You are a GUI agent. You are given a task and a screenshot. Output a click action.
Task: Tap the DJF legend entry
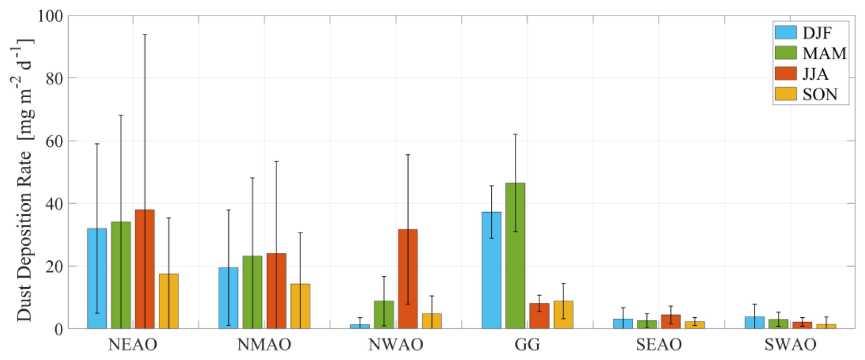coord(816,33)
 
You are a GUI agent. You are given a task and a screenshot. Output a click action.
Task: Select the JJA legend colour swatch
coord(785,73)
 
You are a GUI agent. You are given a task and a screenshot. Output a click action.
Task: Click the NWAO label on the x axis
coord(396,345)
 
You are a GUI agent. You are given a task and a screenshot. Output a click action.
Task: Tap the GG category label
coord(527,345)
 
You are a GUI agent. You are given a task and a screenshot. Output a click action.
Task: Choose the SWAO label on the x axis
coord(790,345)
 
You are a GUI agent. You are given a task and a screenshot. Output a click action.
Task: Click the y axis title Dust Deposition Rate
coord(24,179)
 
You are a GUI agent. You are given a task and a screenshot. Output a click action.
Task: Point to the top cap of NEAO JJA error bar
coord(145,34)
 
